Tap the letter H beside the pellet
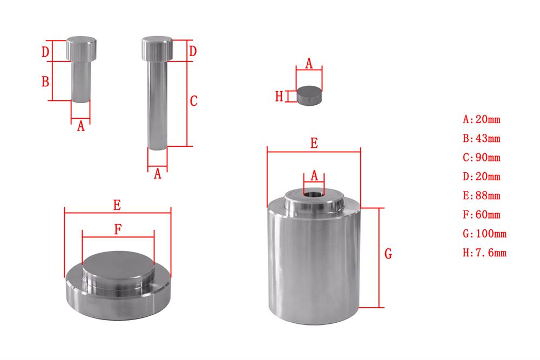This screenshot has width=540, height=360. [279, 97]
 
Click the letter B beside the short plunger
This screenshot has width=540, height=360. [45, 81]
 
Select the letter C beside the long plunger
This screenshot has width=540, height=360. [194, 100]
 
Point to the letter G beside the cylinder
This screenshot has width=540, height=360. [388, 254]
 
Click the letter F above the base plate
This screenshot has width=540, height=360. [118, 229]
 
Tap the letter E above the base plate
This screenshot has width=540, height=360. [117, 205]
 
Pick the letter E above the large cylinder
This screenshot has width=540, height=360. [314, 144]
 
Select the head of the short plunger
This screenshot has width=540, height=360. [82, 49]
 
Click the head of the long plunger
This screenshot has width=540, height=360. [157, 49]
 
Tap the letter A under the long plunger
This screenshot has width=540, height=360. [158, 174]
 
